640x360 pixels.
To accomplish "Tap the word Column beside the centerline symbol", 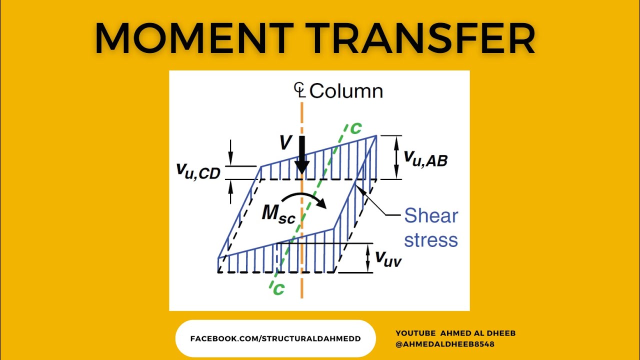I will tap(346, 91).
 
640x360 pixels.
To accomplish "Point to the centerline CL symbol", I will tap(299, 90).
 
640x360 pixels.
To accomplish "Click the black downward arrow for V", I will tap(302, 154).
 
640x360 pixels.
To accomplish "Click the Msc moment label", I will tap(278, 215).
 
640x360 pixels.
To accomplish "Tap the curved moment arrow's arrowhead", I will tap(322, 204).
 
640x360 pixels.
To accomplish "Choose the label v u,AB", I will tap(425, 159).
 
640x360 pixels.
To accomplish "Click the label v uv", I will tap(388, 258).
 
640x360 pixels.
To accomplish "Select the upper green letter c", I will tap(355, 128).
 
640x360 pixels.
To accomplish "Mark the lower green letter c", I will tap(278, 288).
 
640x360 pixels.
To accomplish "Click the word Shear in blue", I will tap(431, 216).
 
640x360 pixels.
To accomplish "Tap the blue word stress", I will tap(431, 240).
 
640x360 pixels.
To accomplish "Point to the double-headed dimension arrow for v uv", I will tap(367, 257).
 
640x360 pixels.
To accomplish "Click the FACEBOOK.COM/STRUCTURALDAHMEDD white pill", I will tap(275, 338).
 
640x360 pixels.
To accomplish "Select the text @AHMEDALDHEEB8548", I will tap(445, 344).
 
